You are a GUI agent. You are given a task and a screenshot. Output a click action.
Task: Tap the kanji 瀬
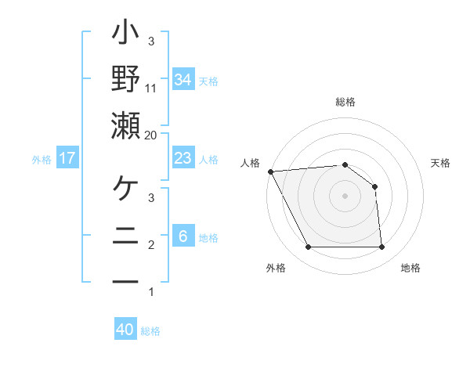pos(126,126)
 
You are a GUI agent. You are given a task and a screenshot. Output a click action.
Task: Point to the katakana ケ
pos(126,189)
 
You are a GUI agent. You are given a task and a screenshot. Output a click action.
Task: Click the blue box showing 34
pos(183,79)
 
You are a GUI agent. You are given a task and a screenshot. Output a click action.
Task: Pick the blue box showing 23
pos(183,158)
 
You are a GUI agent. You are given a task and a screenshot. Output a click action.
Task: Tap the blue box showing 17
pos(67,158)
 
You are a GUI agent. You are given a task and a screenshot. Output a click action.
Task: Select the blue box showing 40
pos(125,330)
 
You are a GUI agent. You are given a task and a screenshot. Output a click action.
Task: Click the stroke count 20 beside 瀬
pos(151,135)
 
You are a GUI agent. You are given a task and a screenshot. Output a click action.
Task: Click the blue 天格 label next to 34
pos(208,81)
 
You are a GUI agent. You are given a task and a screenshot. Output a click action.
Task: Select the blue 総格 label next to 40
pos(150,331)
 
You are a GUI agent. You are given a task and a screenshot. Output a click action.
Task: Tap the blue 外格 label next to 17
pos(42,160)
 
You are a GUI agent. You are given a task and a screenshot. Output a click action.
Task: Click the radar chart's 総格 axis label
pos(345,103)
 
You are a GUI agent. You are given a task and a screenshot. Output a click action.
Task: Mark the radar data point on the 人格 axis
pos(270,171)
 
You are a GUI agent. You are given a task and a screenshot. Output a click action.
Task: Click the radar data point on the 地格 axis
pos(381,247)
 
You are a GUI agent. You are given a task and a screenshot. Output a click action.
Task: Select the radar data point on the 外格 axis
pos(308,247)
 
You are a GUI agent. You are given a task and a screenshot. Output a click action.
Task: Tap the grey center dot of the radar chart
pos(345,196)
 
